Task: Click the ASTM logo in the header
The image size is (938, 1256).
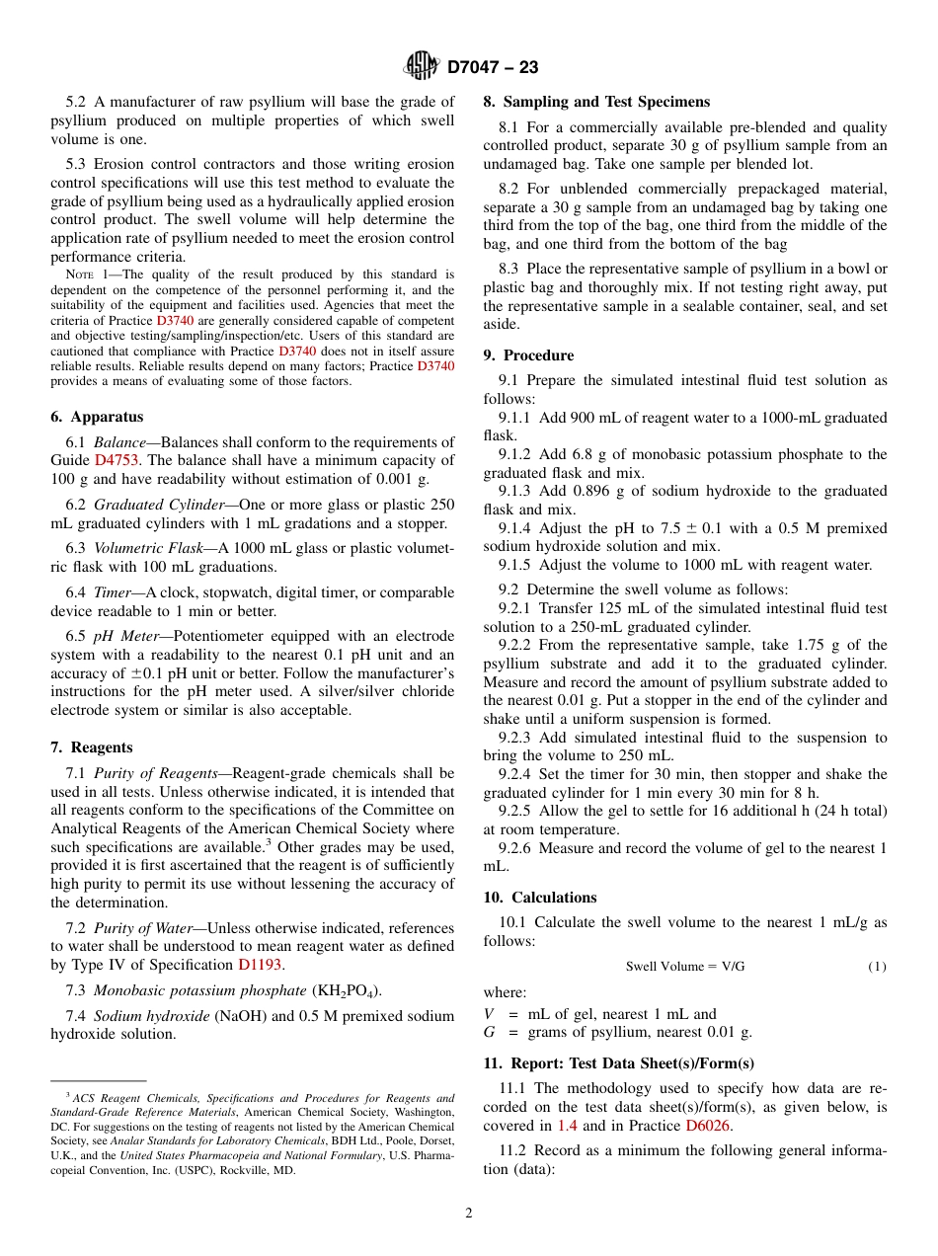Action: (422, 66)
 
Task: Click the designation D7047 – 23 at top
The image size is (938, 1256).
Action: (493, 67)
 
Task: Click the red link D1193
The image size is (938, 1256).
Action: (261, 965)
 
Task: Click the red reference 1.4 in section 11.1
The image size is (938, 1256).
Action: (567, 1125)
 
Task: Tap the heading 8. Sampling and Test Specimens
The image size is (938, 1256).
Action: (596, 102)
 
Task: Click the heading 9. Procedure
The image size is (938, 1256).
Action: (528, 354)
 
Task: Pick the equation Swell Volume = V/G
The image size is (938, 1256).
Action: (684, 966)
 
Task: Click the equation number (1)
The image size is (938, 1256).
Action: (877, 966)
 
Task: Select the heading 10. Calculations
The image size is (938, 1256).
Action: (540, 897)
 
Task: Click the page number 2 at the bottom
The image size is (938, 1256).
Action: (468, 1213)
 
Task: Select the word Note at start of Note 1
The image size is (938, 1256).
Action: (79, 275)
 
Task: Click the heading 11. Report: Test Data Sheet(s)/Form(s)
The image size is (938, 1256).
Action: (618, 1062)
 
